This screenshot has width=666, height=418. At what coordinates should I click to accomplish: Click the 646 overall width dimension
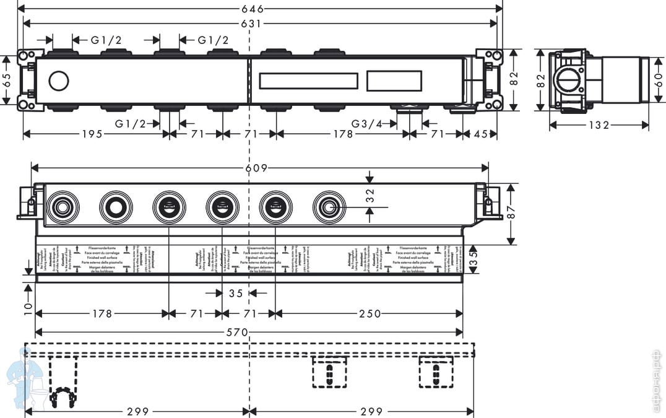[x=254, y=9]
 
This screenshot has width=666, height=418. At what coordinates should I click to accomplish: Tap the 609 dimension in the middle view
[x=256, y=168]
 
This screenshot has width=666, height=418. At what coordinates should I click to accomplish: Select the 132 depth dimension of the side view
[x=599, y=125]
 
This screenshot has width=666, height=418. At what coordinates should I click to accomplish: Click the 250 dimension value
[x=370, y=314]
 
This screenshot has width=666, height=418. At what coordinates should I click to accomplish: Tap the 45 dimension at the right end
[x=480, y=134]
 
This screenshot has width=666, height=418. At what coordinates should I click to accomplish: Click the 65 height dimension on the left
[x=6, y=81]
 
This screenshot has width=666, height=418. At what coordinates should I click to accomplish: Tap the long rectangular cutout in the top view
[x=308, y=81]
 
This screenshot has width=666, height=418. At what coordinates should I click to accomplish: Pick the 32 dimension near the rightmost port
[x=370, y=195]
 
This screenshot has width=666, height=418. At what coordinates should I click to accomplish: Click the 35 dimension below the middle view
[x=236, y=294]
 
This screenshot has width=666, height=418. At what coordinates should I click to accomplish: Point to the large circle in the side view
[x=568, y=81]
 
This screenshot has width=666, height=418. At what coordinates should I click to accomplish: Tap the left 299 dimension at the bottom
[x=137, y=411]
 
